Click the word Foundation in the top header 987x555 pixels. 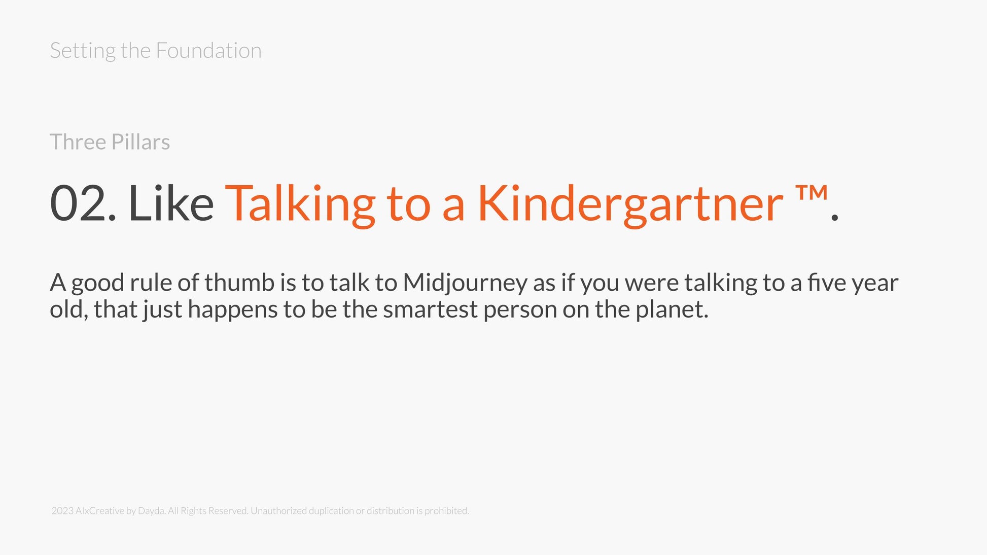(x=208, y=51)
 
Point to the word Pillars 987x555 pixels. (x=140, y=142)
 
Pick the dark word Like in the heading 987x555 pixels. (x=171, y=203)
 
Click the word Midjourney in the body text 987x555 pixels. (x=465, y=284)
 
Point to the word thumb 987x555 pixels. (x=239, y=283)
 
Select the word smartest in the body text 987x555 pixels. (x=430, y=309)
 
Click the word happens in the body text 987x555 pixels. (x=233, y=310)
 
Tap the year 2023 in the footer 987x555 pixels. (x=62, y=511)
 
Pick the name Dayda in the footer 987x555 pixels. (x=151, y=511)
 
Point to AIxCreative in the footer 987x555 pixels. (x=100, y=511)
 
